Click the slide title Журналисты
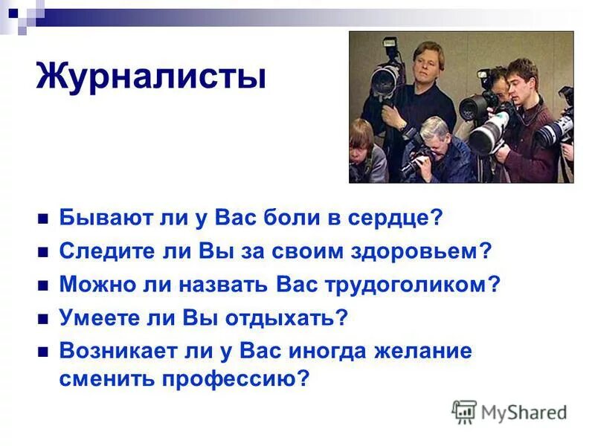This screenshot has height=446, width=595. tap(151, 77)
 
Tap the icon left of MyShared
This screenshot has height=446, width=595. tap(464, 411)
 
